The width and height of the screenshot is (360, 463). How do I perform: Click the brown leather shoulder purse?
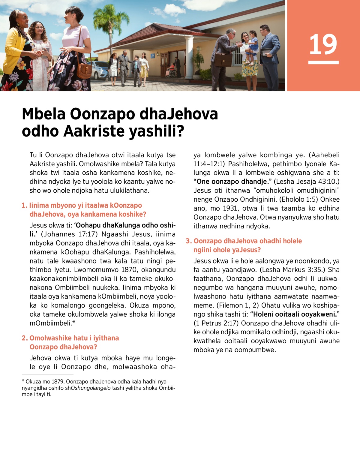click(x=84, y=69)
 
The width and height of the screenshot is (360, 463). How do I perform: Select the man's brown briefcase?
click(x=223, y=60)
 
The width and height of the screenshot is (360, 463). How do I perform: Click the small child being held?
click(x=253, y=45)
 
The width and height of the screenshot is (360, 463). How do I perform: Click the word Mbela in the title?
click(x=44, y=114)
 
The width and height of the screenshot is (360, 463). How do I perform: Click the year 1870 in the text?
click(x=129, y=270)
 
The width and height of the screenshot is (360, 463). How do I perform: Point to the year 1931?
click(x=230, y=208)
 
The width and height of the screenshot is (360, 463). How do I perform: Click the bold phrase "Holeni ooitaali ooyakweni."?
click(x=295, y=314)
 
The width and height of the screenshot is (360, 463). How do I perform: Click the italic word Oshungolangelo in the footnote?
click(x=91, y=388)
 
